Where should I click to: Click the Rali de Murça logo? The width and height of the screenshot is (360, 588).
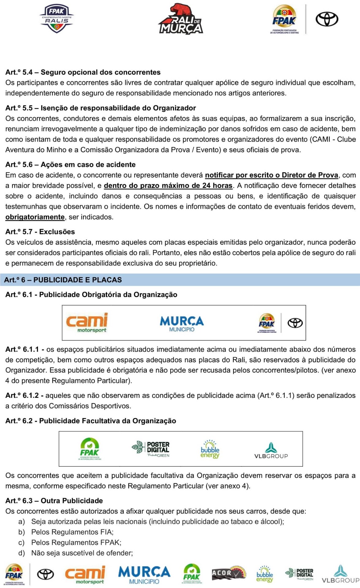pos(180,19)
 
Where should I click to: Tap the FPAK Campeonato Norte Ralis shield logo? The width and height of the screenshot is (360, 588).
pos(56,19)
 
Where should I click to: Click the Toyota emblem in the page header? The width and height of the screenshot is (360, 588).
pos(327,19)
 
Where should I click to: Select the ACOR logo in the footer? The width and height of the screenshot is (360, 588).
pos(229,574)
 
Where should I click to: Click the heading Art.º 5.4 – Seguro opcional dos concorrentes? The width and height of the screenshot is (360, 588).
pos(83,72)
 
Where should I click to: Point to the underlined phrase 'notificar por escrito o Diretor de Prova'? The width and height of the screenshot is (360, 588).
pos(271,175)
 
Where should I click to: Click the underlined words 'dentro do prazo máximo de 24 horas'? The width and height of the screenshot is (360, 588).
pos(168,186)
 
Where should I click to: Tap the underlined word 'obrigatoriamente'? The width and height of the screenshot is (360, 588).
pos(35,217)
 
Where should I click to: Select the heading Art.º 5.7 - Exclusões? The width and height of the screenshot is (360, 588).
pos(40,232)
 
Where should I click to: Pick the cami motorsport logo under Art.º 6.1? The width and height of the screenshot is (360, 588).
pos(87,323)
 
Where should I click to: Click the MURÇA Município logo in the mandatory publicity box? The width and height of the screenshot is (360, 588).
pos(182,323)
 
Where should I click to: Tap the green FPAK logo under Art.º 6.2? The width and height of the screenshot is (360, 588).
pos(89,449)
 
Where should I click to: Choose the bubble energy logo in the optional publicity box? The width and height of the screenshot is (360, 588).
pos(210,449)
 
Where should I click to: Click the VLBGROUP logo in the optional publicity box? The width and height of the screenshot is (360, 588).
pos(271,450)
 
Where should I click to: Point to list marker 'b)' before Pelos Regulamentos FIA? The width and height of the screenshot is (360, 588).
pos(21,532)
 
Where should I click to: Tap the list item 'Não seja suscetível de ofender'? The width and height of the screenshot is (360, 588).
pos(82,553)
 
